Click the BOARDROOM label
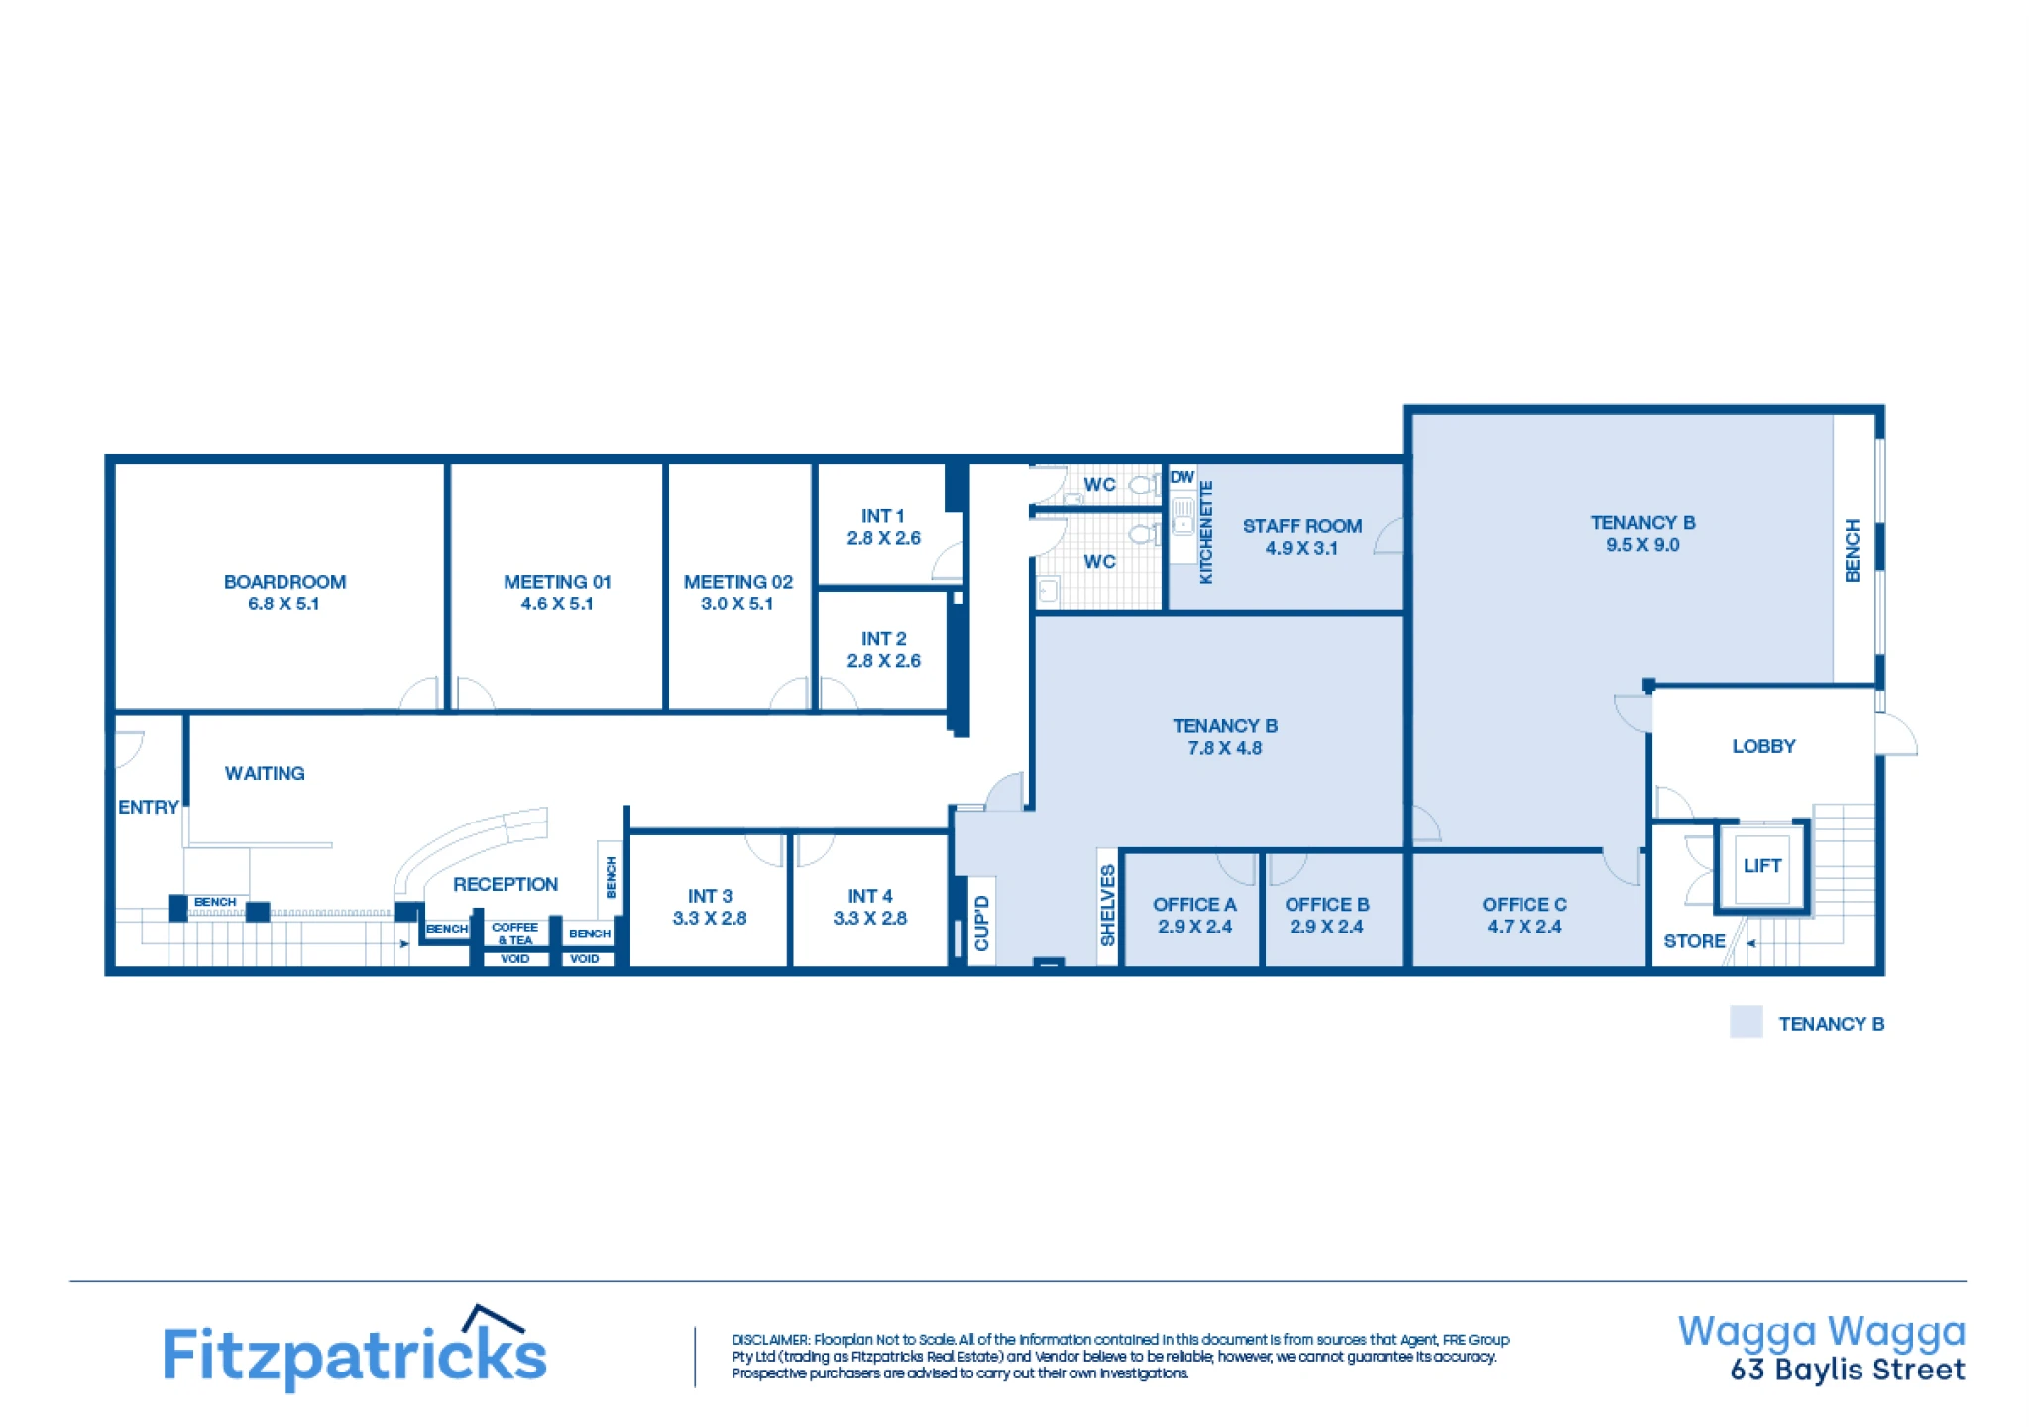point(284,582)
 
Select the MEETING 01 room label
point(557,582)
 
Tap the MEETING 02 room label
point(738,582)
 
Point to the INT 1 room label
point(882,516)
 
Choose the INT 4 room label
point(870,896)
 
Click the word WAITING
point(265,773)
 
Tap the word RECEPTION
point(506,884)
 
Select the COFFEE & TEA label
point(515,933)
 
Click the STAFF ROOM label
point(1302,526)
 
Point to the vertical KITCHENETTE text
point(1206,532)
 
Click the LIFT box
point(1762,865)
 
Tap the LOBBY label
point(1763,746)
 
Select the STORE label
point(1694,941)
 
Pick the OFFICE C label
point(1524,904)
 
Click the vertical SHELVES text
point(1108,906)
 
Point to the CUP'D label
point(982,923)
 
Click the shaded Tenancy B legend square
point(1747,1022)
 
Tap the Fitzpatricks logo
point(355,1349)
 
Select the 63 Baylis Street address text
point(1848,1370)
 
